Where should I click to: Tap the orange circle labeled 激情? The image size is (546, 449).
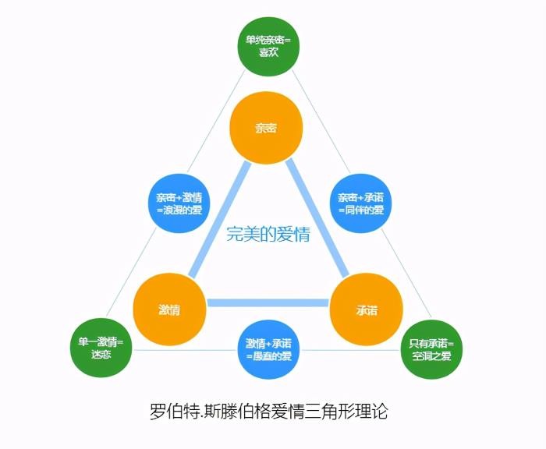click(x=169, y=309)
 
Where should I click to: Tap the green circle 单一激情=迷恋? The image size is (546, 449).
click(x=102, y=348)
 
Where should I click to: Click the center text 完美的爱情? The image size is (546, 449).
click(x=268, y=234)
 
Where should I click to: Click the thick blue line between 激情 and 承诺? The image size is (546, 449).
click(x=268, y=302)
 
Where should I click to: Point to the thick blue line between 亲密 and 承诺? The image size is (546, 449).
click(x=316, y=218)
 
